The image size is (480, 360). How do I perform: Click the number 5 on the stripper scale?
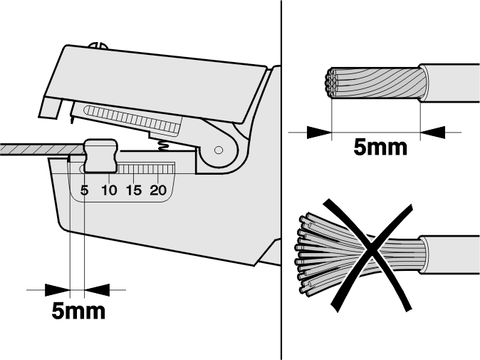[85, 190]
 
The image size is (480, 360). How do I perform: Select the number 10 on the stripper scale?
[109, 190]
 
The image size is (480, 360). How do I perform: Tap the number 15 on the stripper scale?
[134, 190]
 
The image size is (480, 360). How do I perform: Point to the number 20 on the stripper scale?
[158, 190]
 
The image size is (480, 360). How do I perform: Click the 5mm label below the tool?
[78, 311]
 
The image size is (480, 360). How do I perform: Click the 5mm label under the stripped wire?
[380, 147]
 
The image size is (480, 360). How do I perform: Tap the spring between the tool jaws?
[164, 145]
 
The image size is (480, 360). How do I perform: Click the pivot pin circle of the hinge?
[219, 150]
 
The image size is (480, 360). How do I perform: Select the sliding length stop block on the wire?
[100, 155]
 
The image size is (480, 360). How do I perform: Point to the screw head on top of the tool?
[98, 46]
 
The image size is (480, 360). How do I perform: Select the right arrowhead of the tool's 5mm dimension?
[97, 290]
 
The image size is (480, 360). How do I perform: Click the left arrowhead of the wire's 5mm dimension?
[319, 133]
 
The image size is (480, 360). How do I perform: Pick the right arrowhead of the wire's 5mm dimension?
[433, 133]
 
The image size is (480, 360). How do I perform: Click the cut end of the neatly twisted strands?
[330, 83]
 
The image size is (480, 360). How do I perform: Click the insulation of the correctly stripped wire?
[449, 83]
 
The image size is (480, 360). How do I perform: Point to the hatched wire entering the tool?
[42, 149]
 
